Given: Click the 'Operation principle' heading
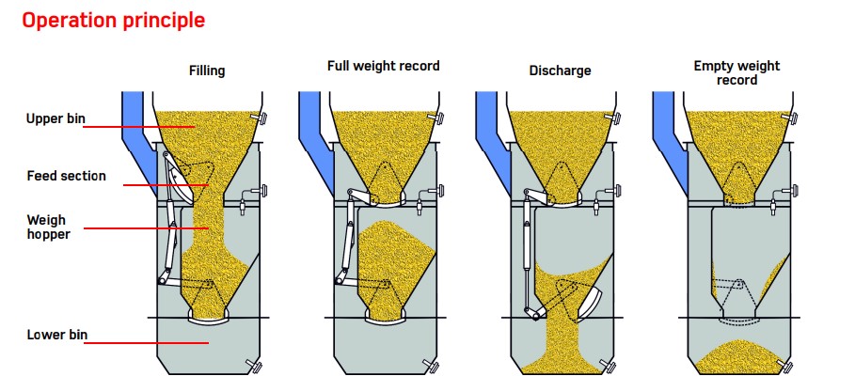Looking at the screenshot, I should (x=113, y=20).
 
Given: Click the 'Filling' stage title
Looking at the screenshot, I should (x=206, y=71).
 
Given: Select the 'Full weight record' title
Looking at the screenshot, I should (x=383, y=66).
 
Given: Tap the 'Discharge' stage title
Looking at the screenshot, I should (x=560, y=71).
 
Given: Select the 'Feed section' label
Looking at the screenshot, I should (x=66, y=176).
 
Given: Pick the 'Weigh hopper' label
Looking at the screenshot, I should (x=47, y=226).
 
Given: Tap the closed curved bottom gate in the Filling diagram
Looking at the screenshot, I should (x=208, y=321).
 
